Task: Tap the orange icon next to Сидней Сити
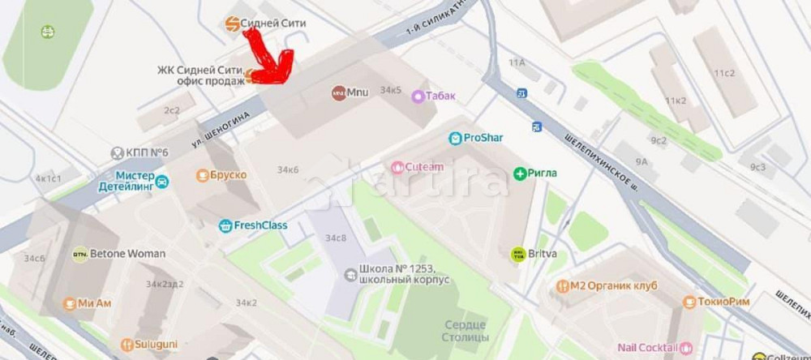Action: click(232, 24)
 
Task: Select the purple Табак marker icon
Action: click(418, 96)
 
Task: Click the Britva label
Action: click(543, 254)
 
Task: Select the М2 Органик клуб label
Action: click(613, 286)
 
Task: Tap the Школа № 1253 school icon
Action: click(350, 274)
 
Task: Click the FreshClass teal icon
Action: click(225, 225)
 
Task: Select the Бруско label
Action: click(228, 175)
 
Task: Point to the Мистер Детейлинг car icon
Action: click(162, 181)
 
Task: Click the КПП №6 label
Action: click(147, 152)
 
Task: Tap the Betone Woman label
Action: click(127, 254)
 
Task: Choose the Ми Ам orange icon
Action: click(70, 304)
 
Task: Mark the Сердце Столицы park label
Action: click(466, 330)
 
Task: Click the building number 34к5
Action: click(391, 90)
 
